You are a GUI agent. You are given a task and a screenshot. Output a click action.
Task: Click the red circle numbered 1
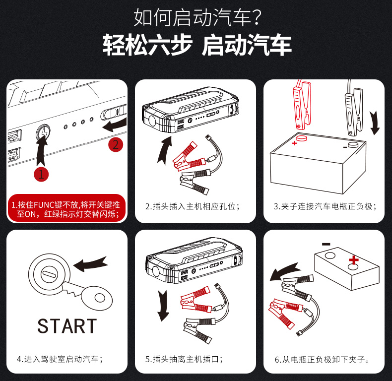tap(41, 174)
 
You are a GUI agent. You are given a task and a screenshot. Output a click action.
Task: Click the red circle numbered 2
tap(116, 144)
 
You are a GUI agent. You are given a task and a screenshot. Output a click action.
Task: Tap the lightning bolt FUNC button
tap(43, 131)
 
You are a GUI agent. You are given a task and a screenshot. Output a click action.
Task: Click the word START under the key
tap(67, 326)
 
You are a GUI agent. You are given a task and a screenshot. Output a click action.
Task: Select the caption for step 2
tap(193, 206)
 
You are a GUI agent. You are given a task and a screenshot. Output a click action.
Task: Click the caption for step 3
tap(325, 206)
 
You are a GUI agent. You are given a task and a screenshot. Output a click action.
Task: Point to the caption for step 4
tap(60, 359)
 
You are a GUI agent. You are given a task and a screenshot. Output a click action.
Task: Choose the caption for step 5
tap(184, 359)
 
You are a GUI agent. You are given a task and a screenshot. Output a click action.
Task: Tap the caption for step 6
tap(322, 360)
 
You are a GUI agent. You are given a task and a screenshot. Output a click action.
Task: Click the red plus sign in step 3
tap(294, 143)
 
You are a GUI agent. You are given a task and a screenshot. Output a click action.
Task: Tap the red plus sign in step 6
tap(353, 260)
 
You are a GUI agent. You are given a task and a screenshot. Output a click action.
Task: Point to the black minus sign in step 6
tap(326, 244)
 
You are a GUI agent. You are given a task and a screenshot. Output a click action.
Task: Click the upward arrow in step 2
tap(165, 150)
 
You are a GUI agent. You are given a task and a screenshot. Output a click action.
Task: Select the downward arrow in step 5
tap(163, 306)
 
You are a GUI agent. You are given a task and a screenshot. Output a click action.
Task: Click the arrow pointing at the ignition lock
tap(90, 264)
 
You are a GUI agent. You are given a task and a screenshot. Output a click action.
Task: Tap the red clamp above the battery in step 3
tap(302, 105)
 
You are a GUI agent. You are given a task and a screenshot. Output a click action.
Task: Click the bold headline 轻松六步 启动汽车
tap(197, 45)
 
